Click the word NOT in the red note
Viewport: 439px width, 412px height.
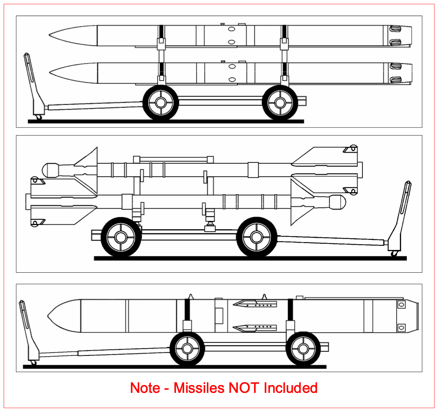pos(243,388)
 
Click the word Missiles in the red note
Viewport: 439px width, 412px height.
pos(199,388)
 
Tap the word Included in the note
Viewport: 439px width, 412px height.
pos(291,388)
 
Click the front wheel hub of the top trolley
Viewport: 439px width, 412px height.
pos(161,103)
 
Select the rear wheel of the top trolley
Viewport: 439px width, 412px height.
pos(280,103)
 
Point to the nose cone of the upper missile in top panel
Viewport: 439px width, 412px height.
pos(73,35)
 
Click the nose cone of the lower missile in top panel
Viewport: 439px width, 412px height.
pos(73,73)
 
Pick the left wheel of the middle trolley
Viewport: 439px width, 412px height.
pos(121,237)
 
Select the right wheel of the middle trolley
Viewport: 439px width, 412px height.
pos(257,237)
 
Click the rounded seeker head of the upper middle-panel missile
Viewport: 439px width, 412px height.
pos(50,170)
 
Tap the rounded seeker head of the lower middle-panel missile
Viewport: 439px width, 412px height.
pos(338,202)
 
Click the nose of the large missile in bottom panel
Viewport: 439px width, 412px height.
pos(64,316)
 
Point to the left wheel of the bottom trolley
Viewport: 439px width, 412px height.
pos(187,349)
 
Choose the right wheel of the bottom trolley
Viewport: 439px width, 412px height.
pos(303,349)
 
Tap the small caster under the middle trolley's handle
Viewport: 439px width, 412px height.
pos(395,253)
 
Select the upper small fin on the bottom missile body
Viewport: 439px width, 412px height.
pos(255,303)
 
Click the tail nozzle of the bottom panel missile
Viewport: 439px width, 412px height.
pos(412,316)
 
